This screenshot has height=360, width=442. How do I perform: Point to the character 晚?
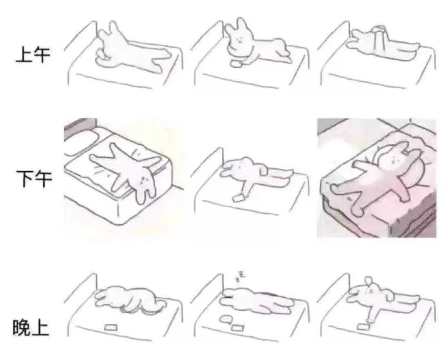(x=21, y=328)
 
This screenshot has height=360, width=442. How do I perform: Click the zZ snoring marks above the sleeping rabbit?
(x=240, y=276)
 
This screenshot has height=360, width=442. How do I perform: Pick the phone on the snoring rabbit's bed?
(x=237, y=328)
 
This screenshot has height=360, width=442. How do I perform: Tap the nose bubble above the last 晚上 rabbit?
(x=368, y=281)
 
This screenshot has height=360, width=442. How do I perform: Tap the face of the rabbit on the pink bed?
(x=394, y=159)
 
